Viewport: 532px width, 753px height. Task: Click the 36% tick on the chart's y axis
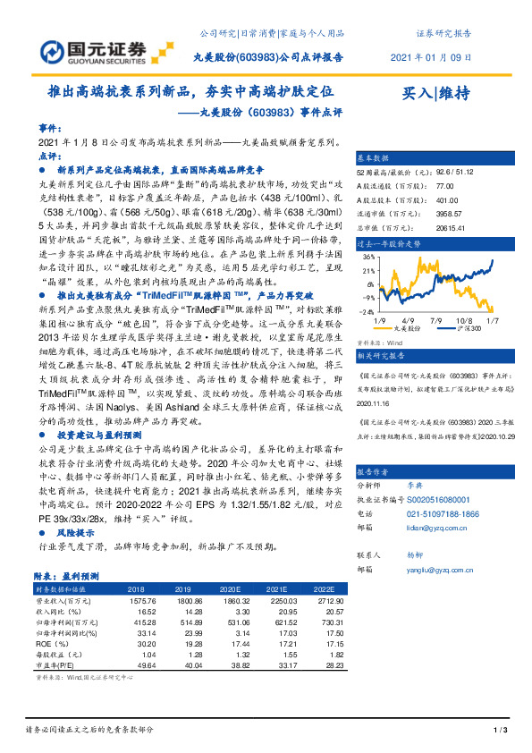pyautogui.click(x=367, y=256)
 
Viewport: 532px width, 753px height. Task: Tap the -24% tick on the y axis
pyautogui.click(x=365, y=310)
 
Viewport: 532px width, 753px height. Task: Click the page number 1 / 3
pyautogui.click(x=501, y=732)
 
